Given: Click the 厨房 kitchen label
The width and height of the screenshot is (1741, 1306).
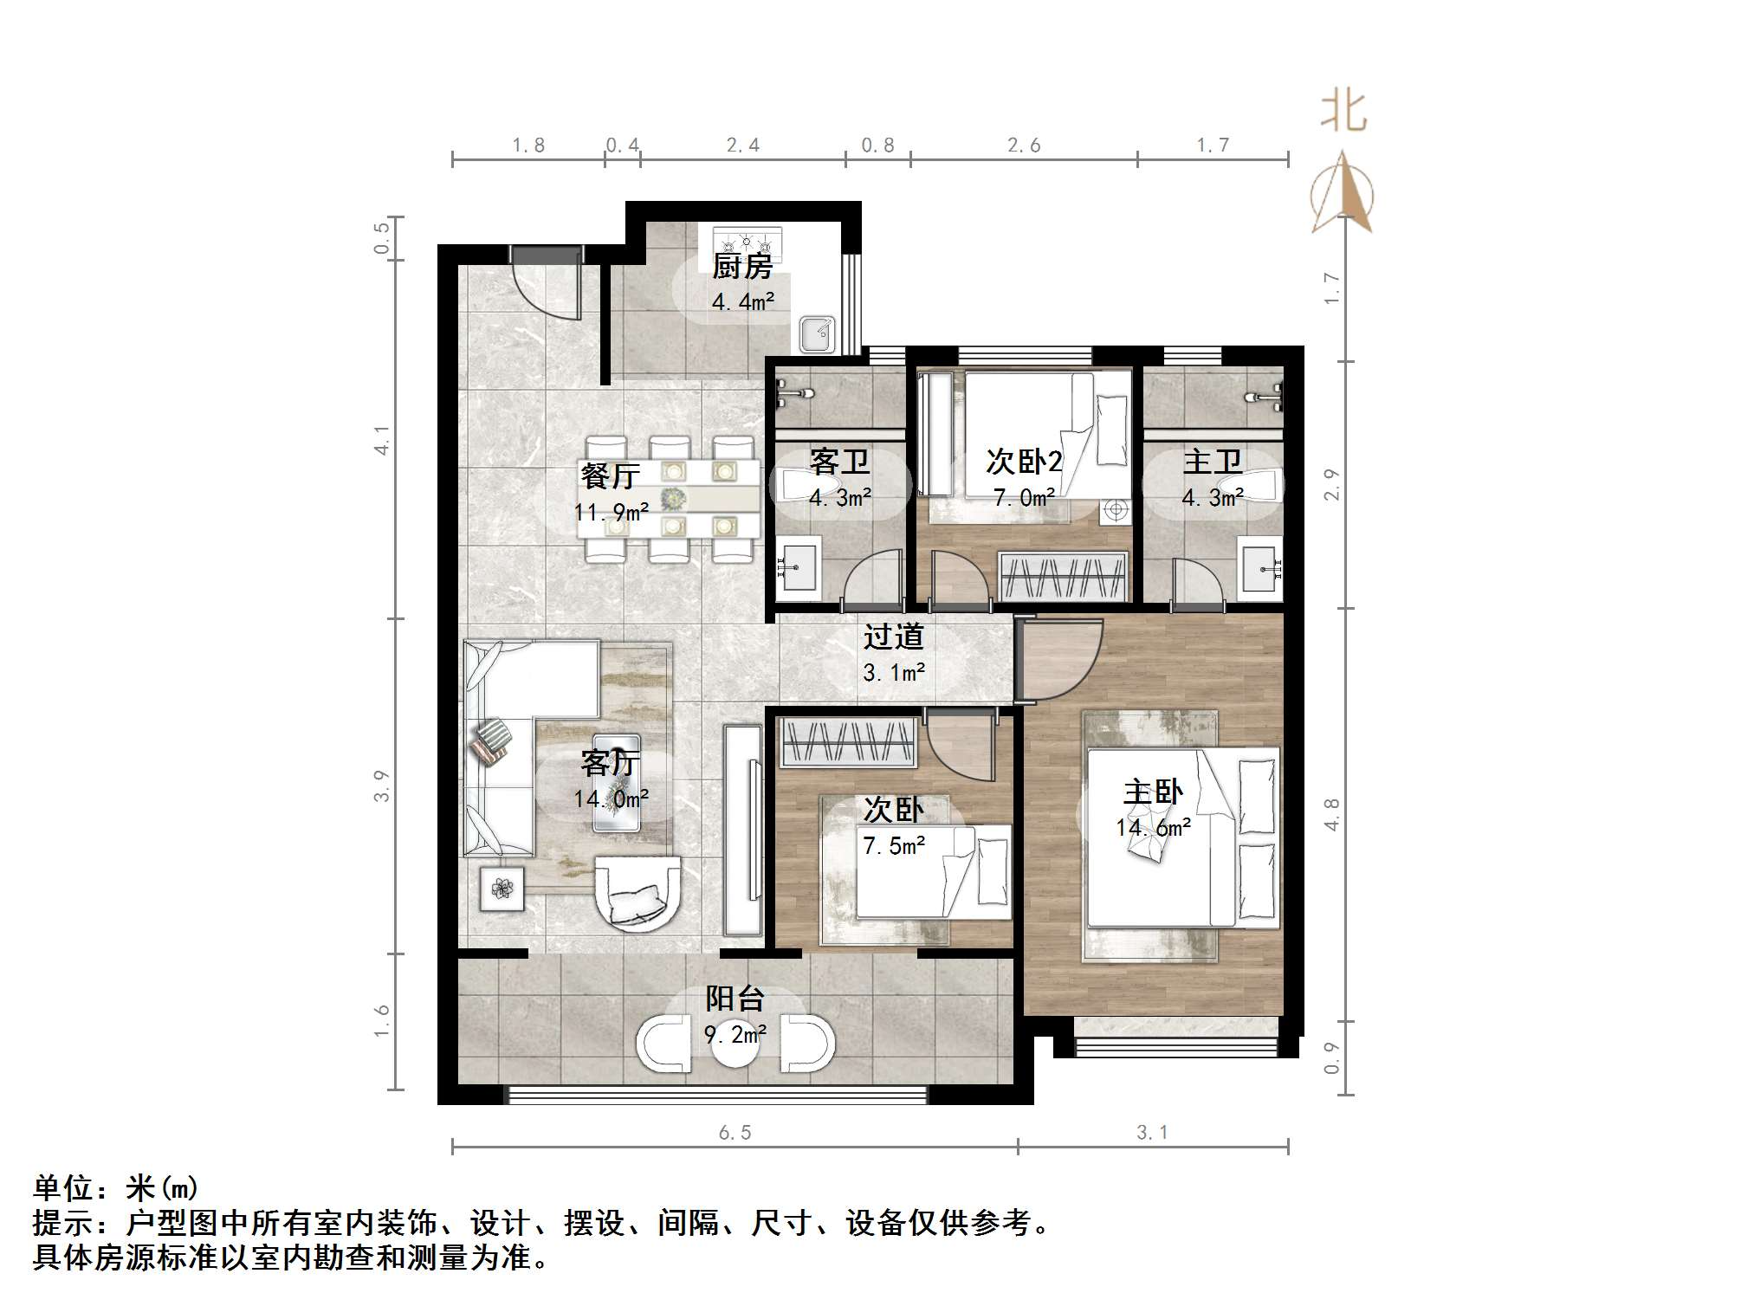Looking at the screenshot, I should pyautogui.click(x=741, y=267).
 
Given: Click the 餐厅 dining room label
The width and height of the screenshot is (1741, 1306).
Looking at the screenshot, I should pyautogui.click(x=611, y=475).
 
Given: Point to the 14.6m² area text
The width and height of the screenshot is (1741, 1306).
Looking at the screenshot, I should pyautogui.click(x=1153, y=828).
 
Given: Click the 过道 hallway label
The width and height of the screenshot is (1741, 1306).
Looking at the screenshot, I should pyautogui.click(x=893, y=637).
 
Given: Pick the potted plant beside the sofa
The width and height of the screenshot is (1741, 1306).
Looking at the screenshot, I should pyautogui.click(x=502, y=889).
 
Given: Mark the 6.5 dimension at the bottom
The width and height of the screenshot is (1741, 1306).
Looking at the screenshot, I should pyautogui.click(x=735, y=1133).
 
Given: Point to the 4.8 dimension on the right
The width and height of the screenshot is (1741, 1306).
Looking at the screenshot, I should pyautogui.click(x=1331, y=815).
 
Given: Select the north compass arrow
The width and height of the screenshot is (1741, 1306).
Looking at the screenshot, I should pyautogui.click(x=1342, y=192).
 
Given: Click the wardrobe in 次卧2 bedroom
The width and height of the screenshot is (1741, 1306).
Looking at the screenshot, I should pyautogui.click(x=1064, y=576).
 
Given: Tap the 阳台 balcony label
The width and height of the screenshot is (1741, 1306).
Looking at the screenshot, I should pyautogui.click(x=735, y=999).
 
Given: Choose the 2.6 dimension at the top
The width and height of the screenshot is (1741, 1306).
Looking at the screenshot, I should pyautogui.click(x=1024, y=145).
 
